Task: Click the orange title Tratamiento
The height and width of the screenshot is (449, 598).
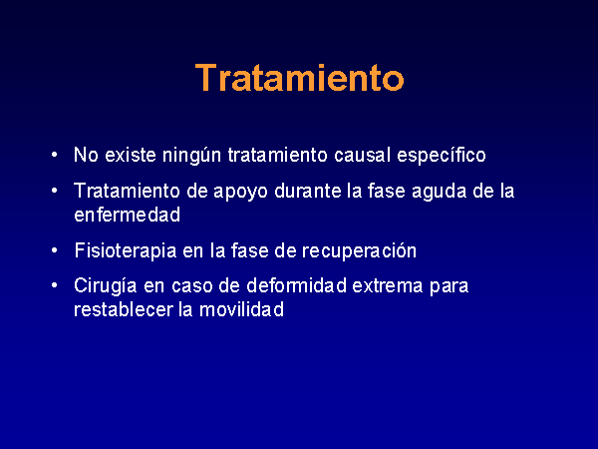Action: (x=299, y=78)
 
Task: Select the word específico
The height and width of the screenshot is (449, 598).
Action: (x=442, y=156)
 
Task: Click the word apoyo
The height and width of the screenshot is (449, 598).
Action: (x=240, y=192)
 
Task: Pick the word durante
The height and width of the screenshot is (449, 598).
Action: (x=308, y=191)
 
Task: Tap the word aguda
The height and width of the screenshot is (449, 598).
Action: (x=440, y=192)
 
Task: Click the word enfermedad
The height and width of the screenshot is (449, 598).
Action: (x=127, y=215)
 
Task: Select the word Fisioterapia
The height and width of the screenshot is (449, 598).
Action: (x=126, y=250)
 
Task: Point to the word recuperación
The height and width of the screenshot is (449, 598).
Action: (x=359, y=250)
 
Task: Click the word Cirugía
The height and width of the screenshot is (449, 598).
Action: (x=106, y=286)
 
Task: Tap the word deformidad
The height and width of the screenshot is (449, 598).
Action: (x=296, y=285)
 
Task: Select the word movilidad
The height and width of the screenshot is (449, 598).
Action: (x=242, y=309)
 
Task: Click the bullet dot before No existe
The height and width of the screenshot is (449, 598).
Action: (x=55, y=155)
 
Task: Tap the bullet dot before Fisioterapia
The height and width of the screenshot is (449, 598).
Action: (x=55, y=250)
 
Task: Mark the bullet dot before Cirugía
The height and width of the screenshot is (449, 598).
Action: (x=55, y=285)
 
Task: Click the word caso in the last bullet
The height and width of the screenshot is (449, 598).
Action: (x=191, y=286)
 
